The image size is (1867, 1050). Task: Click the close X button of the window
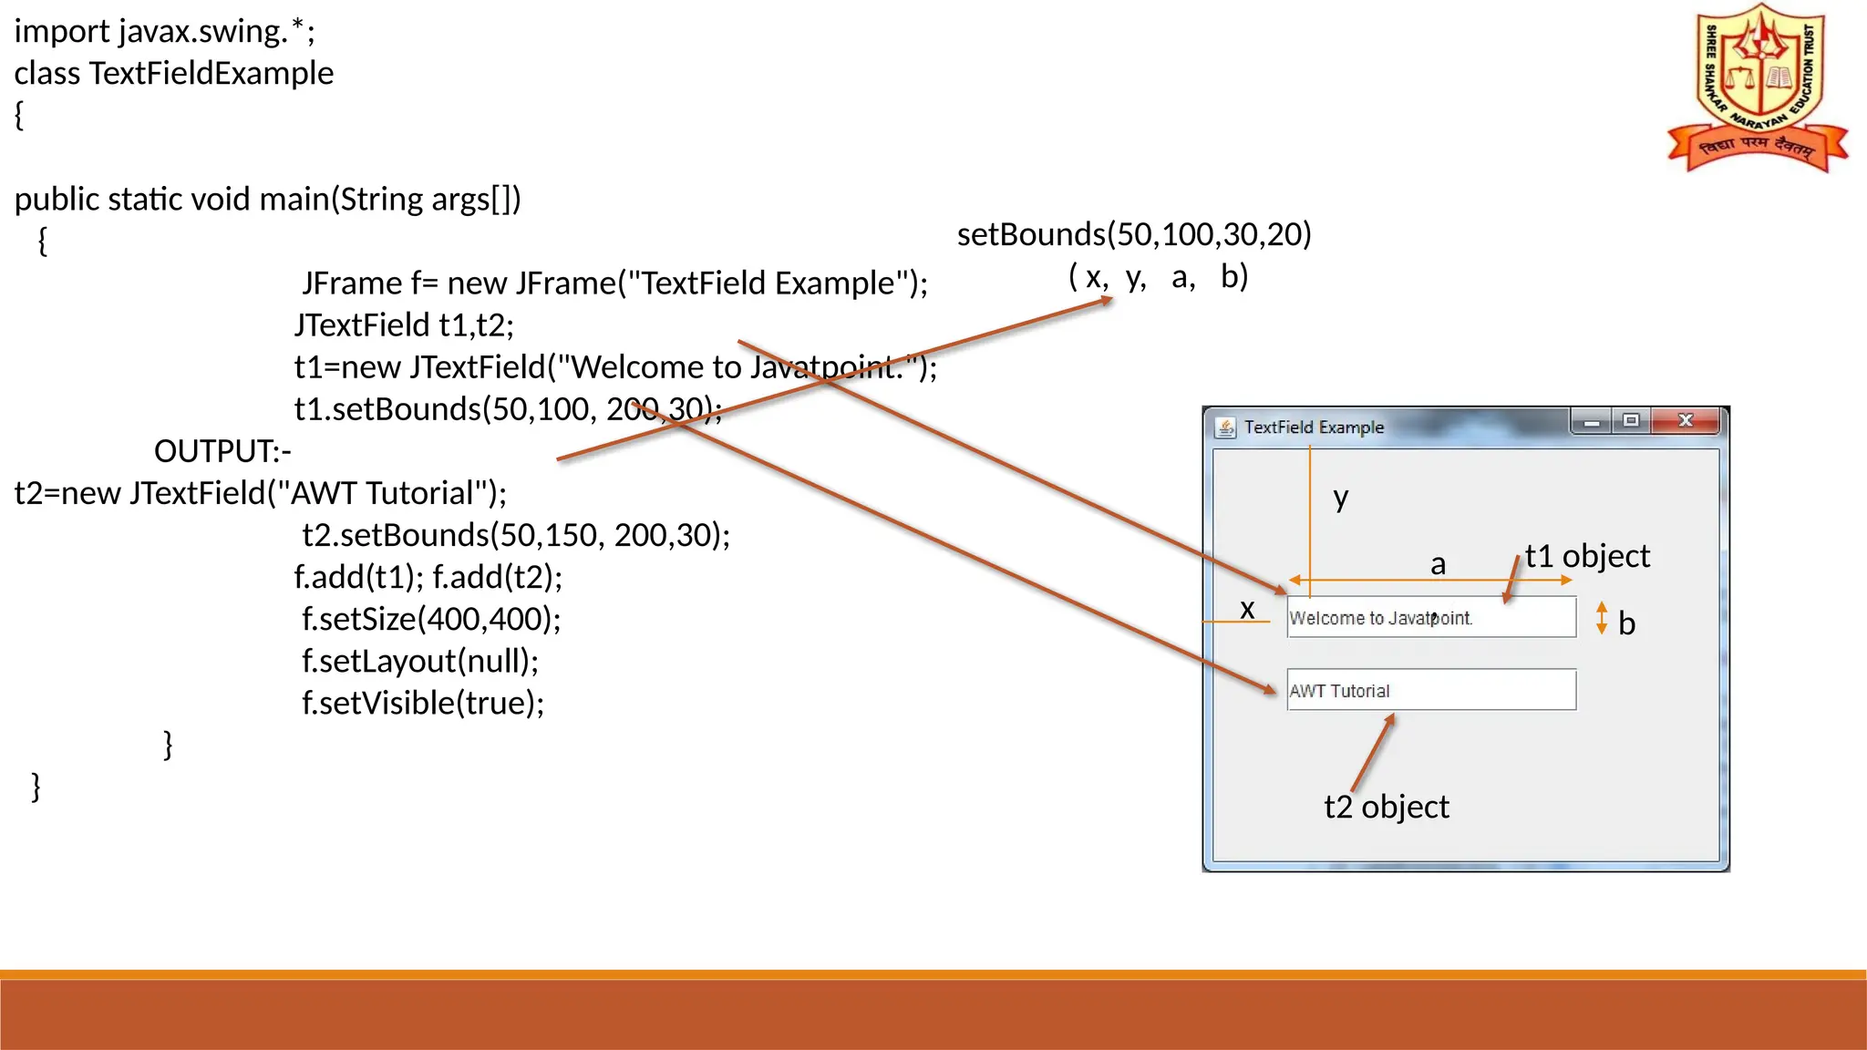1686,420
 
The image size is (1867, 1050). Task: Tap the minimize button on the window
1592,422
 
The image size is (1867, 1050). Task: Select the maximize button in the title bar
1631,420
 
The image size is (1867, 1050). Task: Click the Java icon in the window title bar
1226,427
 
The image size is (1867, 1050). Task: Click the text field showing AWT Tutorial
1431,690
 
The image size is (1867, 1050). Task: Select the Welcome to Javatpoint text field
1431,617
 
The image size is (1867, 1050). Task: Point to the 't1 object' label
1587,556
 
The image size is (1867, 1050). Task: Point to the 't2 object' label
1386,807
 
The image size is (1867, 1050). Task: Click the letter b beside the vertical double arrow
1626,623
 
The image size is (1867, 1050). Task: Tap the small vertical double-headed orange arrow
1602,618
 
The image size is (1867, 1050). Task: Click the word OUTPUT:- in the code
222,451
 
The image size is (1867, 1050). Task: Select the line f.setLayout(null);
420,661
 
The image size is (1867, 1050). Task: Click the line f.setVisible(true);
423,703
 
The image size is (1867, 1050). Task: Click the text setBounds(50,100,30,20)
1134,234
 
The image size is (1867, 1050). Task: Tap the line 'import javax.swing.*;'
165,32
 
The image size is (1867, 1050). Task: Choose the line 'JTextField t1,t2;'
404,325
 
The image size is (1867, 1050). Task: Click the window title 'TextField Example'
1314,427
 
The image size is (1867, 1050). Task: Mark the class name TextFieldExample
211,74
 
